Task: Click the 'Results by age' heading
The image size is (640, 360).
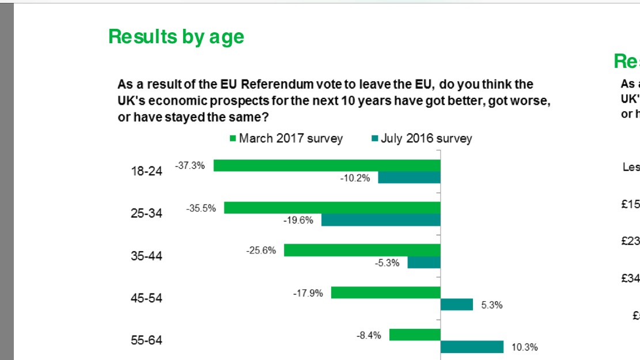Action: [176, 37]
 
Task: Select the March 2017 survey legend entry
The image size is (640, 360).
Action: [286, 138]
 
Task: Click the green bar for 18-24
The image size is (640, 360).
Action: [327, 165]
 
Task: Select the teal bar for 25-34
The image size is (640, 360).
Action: [381, 220]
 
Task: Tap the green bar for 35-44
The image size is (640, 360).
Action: [362, 250]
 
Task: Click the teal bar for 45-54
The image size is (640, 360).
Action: [457, 305]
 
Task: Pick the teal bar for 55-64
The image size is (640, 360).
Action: [472, 347]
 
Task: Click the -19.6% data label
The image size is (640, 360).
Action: [298, 220]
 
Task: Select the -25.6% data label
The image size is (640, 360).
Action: [262, 251]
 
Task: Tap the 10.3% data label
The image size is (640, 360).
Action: [525, 347]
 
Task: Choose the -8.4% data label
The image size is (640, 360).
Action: [369, 335]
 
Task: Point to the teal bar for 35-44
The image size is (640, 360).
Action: [423, 262]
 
